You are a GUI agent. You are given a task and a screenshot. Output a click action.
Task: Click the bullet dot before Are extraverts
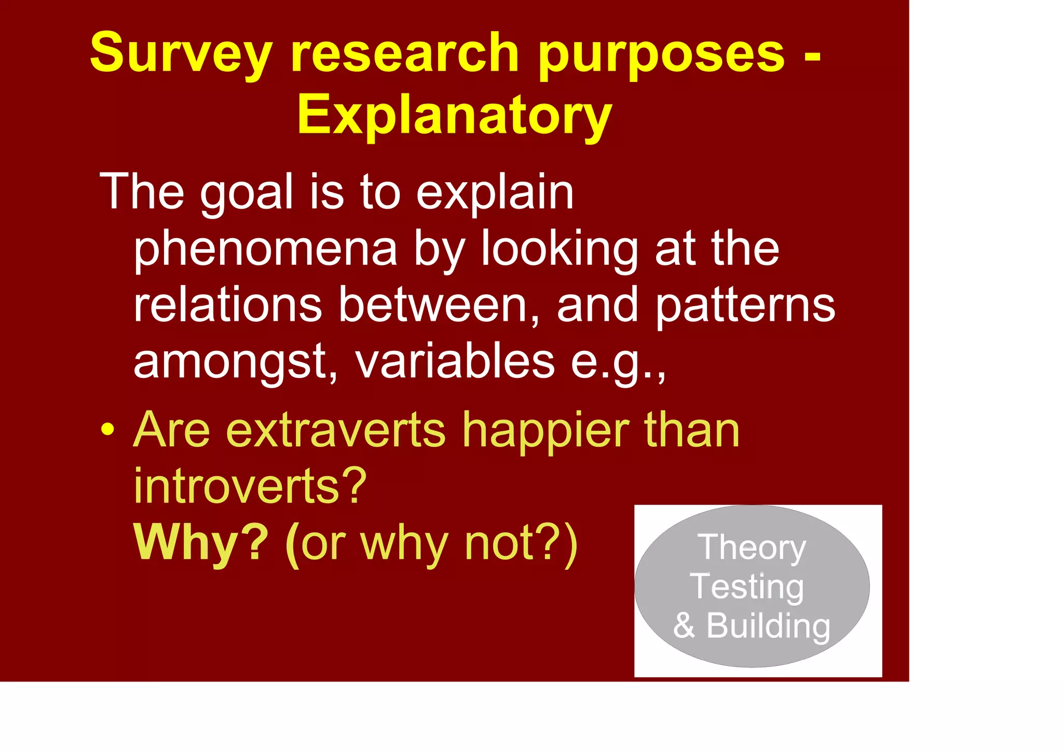107,430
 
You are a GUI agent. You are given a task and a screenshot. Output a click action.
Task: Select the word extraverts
336,430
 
